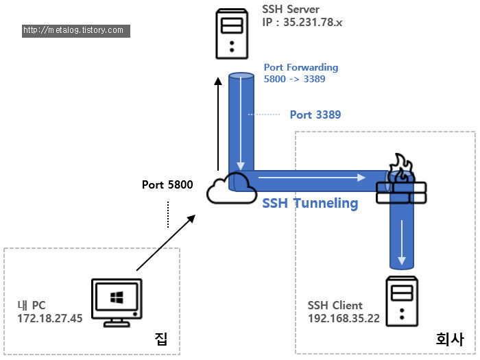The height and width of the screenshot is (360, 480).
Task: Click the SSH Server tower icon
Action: pos(232,34)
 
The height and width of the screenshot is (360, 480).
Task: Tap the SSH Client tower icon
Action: pos(402,301)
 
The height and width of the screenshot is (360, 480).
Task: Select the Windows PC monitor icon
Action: pos(117,302)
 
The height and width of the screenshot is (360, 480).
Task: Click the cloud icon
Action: pos(232,189)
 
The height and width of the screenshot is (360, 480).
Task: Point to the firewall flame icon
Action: pos(401,168)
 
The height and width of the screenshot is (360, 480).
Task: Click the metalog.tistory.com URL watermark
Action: pos(76,31)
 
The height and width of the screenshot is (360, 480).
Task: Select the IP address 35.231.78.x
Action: pos(313,23)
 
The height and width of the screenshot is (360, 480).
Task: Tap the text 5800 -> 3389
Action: pos(294,79)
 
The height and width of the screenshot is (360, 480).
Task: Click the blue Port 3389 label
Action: pos(315,115)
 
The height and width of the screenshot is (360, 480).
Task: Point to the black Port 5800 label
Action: pos(167,184)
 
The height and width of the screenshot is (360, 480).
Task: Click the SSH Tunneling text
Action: pos(310,203)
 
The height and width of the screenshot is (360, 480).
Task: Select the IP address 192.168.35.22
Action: pos(344,318)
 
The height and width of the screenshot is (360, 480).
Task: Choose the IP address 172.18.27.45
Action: pos(50,318)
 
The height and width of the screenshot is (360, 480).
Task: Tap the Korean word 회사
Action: pos(450,339)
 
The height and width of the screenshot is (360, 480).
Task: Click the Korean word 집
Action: pos(161,339)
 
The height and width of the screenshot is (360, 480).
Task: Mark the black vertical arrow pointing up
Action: pos(218,123)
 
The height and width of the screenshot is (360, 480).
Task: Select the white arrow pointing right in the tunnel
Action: pos(312,177)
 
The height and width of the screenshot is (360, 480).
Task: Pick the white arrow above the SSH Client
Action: pos(402,242)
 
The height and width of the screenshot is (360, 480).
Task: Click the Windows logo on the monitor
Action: pos(117,297)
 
